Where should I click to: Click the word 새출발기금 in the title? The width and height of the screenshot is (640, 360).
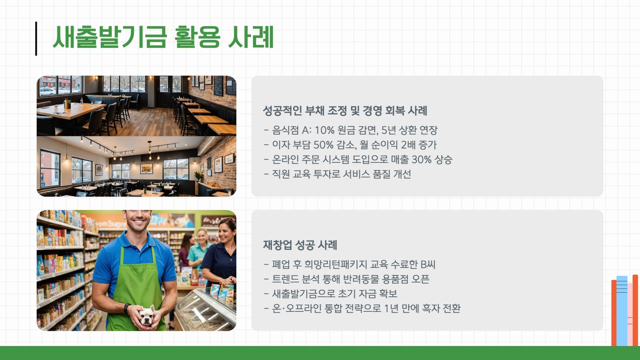click(110, 37)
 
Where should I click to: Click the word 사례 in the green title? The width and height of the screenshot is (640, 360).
click(251, 37)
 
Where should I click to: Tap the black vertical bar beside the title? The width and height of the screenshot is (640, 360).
click(36, 38)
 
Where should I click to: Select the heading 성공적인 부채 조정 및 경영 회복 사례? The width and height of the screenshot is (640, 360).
click(345, 110)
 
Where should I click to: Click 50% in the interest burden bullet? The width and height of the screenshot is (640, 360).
click(323, 145)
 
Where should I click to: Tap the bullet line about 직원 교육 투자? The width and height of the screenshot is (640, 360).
click(338, 174)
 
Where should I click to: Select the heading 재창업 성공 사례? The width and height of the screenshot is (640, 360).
click(300, 245)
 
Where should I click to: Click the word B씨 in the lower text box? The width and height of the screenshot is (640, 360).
click(428, 264)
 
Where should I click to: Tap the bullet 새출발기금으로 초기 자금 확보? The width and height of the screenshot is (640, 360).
click(330, 294)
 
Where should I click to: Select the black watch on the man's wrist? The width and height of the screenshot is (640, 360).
click(126, 308)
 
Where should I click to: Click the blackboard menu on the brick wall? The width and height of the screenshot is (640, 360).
click(218, 86)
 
